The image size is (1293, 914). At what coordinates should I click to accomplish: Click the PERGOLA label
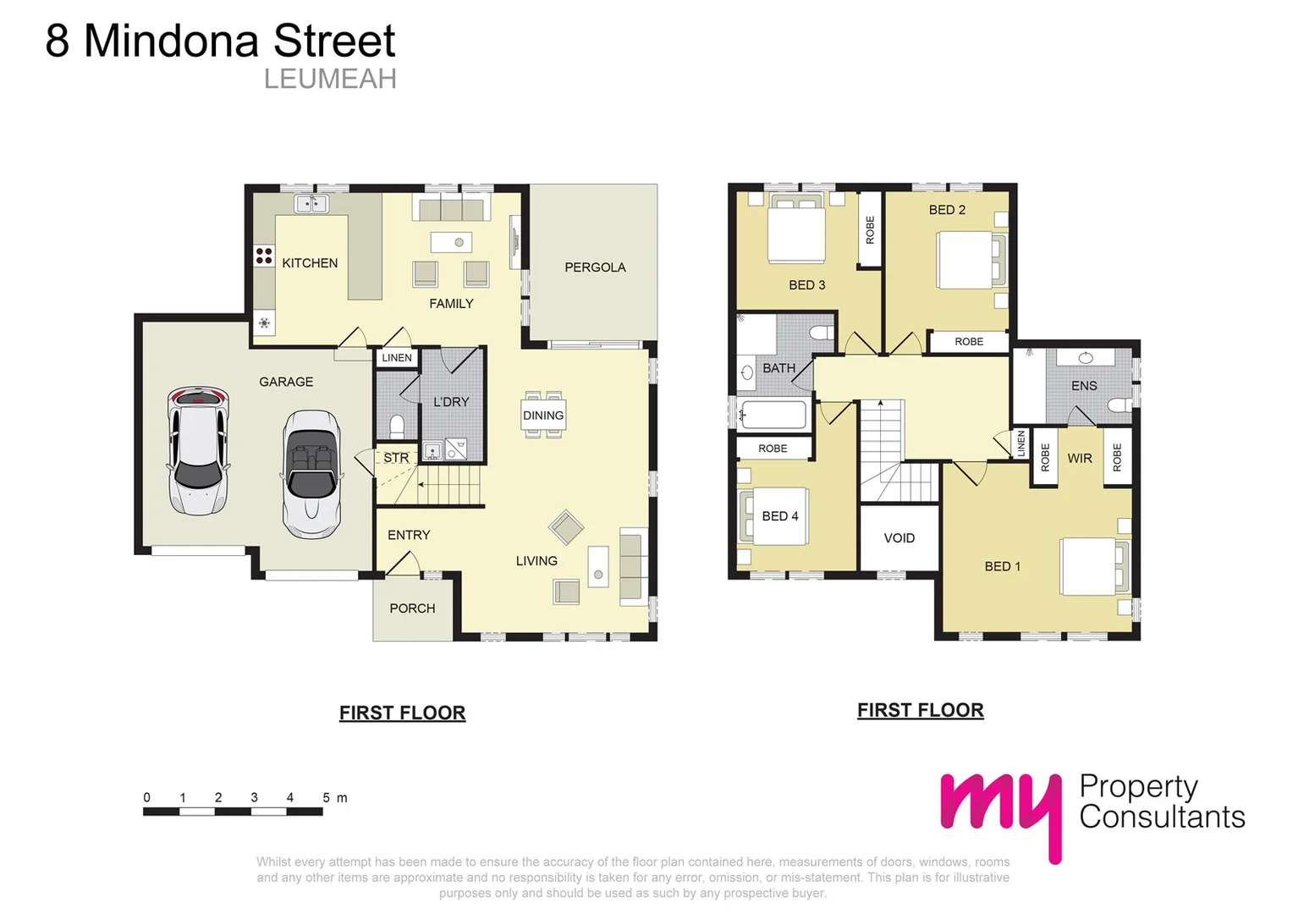click(x=595, y=267)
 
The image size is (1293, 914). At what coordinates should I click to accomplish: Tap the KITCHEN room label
click(x=310, y=263)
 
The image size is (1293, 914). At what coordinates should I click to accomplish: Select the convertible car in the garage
click(x=311, y=474)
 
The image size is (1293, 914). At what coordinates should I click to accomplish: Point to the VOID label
click(x=899, y=538)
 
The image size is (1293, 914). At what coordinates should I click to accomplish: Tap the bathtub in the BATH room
click(x=773, y=415)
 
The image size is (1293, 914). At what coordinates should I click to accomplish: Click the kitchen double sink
click(x=311, y=204)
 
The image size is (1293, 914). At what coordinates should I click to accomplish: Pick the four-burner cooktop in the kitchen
click(x=264, y=255)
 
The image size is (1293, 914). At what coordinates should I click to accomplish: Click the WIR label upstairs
click(x=1080, y=459)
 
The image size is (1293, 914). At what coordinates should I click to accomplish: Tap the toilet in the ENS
click(x=1119, y=405)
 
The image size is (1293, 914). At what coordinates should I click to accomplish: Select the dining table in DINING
click(x=543, y=415)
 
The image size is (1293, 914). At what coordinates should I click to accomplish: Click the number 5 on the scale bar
click(x=326, y=797)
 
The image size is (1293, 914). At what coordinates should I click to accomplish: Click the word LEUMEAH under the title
click(x=330, y=79)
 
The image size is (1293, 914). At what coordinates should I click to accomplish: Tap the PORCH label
click(x=412, y=608)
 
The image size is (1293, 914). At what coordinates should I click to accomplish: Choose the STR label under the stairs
click(x=396, y=458)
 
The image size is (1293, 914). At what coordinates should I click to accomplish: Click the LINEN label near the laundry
click(x=397, y=358)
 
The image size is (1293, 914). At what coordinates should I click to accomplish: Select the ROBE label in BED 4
click(x=773, y=449)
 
